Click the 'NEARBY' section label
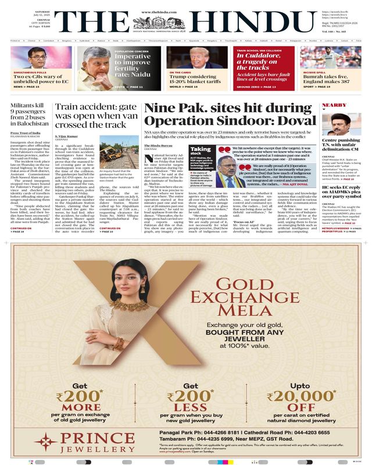click(x=334, y=105)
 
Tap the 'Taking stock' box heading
click(x=201, y=152)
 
